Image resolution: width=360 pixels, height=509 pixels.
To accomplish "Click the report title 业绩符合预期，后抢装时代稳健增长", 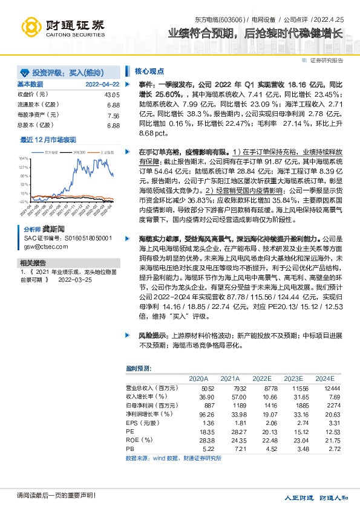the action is tap(254, 34).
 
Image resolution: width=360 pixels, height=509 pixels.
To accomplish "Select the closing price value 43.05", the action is tap(112, 95).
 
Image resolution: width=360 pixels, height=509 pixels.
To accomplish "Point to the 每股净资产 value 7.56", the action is tap(113, 115).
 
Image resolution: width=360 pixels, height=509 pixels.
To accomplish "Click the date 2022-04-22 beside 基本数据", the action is tap(102, 84).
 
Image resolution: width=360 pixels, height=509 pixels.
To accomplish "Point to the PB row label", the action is tap(129, 449).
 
